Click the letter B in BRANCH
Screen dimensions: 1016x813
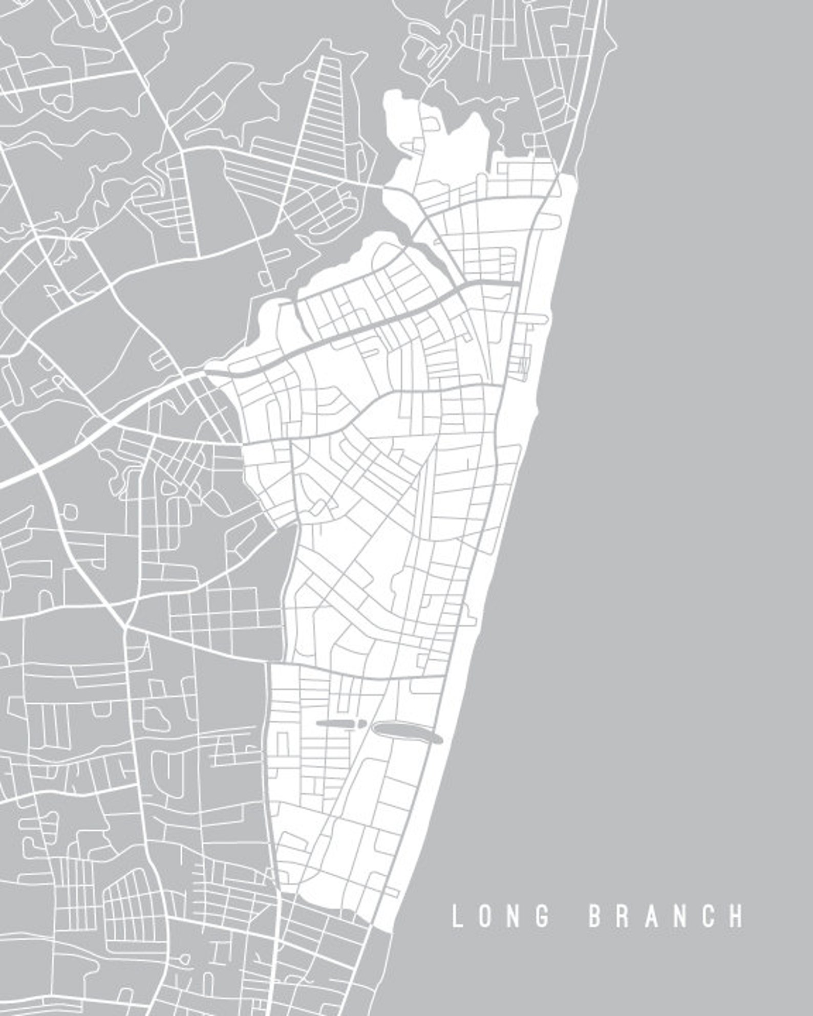click(x=594, y=916)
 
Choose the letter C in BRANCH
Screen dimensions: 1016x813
click(x=708, y=916)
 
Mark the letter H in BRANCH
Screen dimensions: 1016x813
click(x=737, y=916)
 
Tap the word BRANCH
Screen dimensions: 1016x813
click(x=666, y=916)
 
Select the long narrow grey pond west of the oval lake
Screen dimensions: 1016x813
click(x=338, y=723)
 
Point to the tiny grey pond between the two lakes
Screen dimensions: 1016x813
click(x=362, y=725)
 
